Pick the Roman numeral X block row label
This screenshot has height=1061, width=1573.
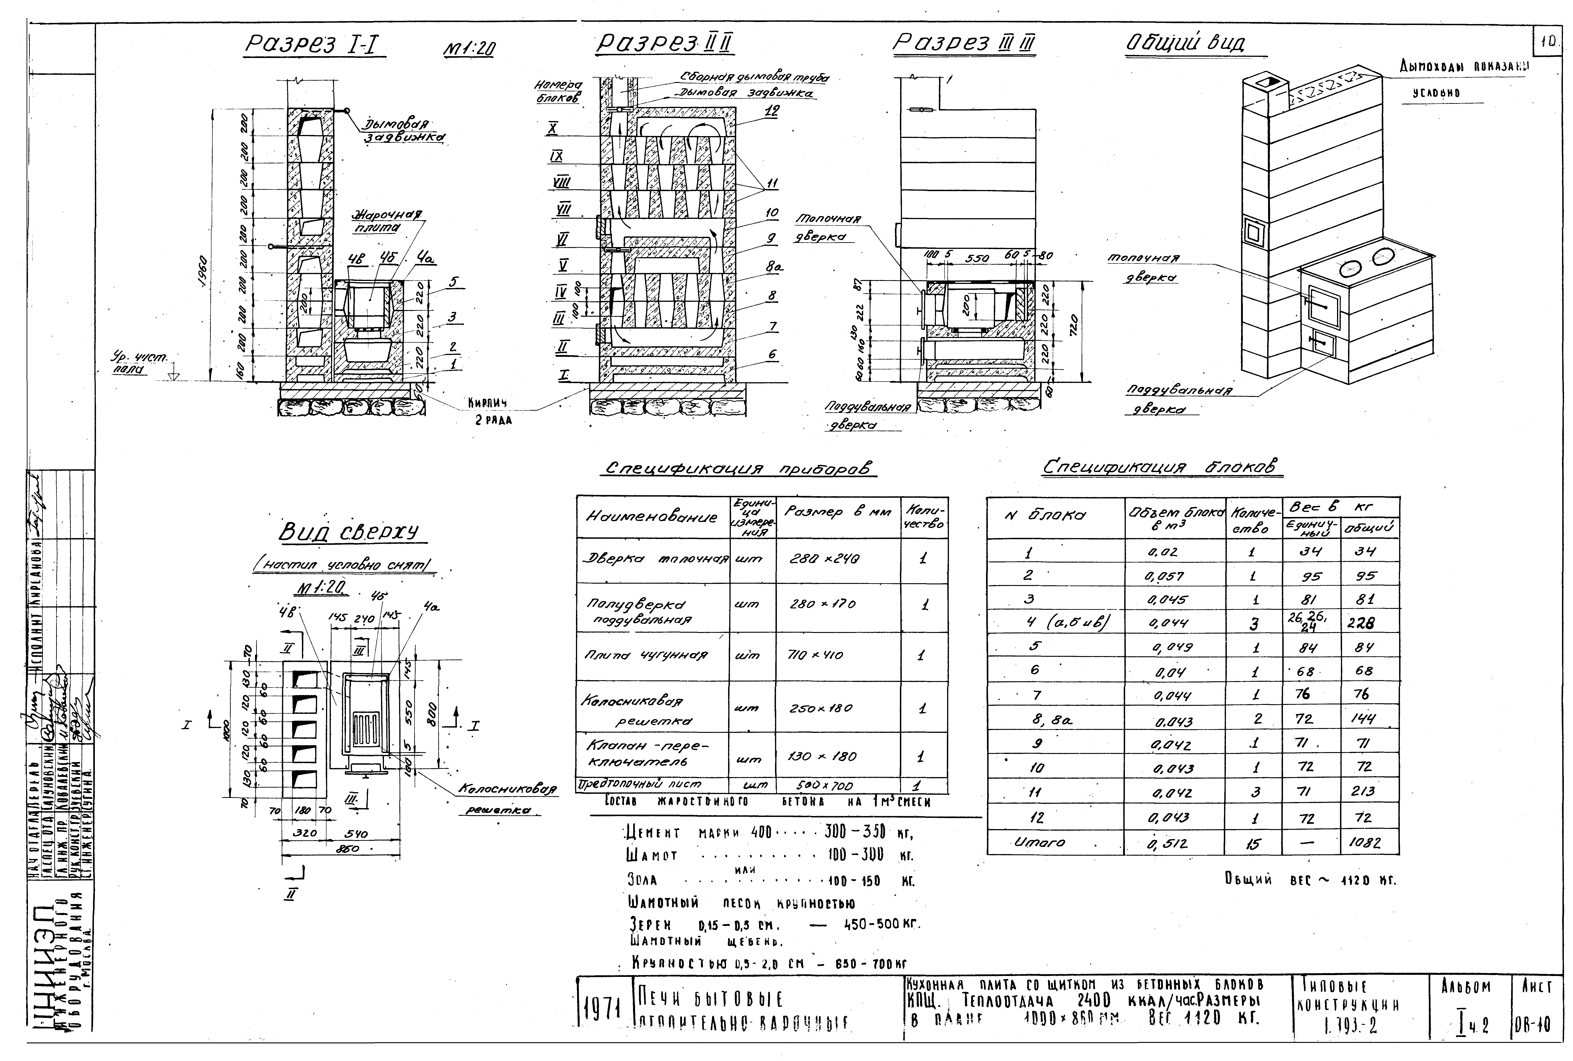coord(553,127)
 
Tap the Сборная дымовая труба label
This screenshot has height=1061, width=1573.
coord(754,79)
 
